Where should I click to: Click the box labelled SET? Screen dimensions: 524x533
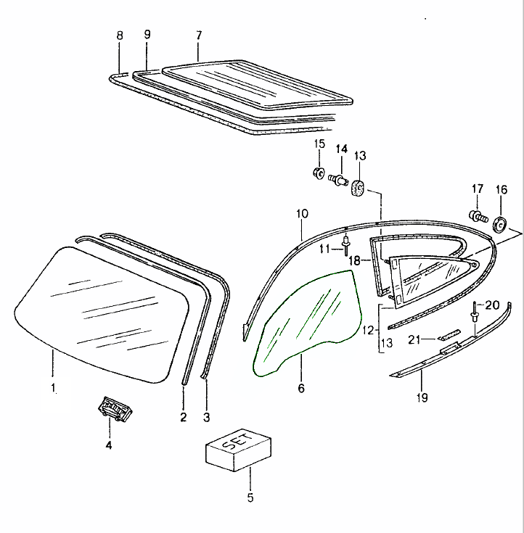[x=238, y=450]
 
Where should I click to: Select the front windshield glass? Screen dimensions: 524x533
[x=102, y=315]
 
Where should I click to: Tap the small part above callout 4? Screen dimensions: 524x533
[x=115, y=409]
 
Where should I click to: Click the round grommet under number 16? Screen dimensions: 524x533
[x=500, y=224]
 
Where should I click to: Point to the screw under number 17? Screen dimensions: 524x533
[x=478, y=215]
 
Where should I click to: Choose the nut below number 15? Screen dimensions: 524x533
[x=319, y=173]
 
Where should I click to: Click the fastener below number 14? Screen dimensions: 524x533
[x=338, y=179]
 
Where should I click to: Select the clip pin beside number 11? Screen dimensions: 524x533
[x=345, y=245]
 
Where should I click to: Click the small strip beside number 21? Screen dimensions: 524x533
[x=449, y=334]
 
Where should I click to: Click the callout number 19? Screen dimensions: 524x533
[x=422, y=397]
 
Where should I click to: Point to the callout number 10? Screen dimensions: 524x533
[x=302, y=214]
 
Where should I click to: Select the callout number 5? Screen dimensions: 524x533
[x=250, y=497]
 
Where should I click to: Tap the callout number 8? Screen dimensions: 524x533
[x=120, y=36]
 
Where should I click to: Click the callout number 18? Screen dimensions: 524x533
[x=355, y=261]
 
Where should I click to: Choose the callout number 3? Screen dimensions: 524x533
[x=207, y=417]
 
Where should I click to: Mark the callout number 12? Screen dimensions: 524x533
[x=369, y=330]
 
